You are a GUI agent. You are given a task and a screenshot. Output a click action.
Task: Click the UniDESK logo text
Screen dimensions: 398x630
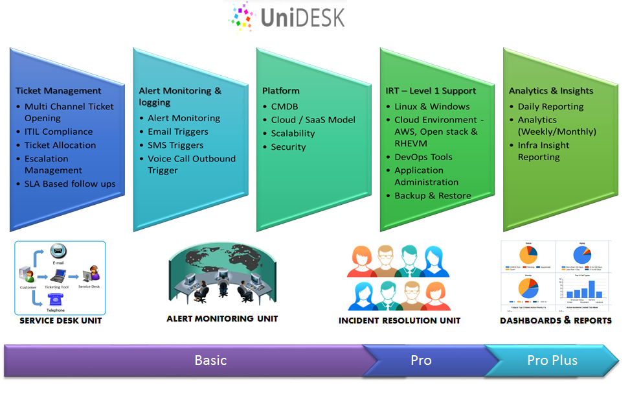tap(302, 18)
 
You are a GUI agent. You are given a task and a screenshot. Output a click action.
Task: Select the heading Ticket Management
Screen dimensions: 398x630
tap(58, 91)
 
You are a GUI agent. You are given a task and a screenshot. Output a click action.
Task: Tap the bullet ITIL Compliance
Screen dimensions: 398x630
tap(58, 132)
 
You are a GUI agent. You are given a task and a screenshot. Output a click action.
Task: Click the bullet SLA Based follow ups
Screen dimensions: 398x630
tap(70, 184)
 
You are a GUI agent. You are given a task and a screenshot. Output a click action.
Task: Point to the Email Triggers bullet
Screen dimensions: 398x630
tap(178, 132)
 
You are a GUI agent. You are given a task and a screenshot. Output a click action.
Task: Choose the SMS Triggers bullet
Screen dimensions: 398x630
tap(175, 145)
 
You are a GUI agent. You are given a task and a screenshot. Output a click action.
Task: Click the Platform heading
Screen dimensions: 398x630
tap(281, 91)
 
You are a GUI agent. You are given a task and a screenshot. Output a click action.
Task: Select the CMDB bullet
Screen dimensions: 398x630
tap(284, 106)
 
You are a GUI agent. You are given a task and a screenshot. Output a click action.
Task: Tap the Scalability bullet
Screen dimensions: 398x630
tap(293, 134)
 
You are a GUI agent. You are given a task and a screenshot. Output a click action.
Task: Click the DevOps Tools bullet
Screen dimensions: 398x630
tap(423, 157)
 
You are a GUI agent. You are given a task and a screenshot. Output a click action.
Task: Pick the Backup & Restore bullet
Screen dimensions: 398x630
tap(433, 196)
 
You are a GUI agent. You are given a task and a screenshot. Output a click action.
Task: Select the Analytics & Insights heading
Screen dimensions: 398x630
tap(551, 91)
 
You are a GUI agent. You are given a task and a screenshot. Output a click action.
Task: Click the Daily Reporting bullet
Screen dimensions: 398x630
tap(550, 106)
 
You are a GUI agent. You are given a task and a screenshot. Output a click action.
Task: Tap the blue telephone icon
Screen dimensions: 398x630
tap(55, 299)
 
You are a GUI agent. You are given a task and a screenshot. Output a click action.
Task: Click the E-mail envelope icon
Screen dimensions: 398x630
tap(59, 251)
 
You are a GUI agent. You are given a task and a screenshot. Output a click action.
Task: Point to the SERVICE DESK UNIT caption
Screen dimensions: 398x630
tap(61, 321)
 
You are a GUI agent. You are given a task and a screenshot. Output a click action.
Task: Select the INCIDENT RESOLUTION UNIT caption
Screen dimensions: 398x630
tap(399, 321)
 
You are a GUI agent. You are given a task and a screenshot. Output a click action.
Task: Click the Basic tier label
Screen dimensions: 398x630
tap(211, 360)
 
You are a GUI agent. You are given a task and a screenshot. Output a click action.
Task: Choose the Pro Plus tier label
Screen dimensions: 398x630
tap(552, 360)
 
